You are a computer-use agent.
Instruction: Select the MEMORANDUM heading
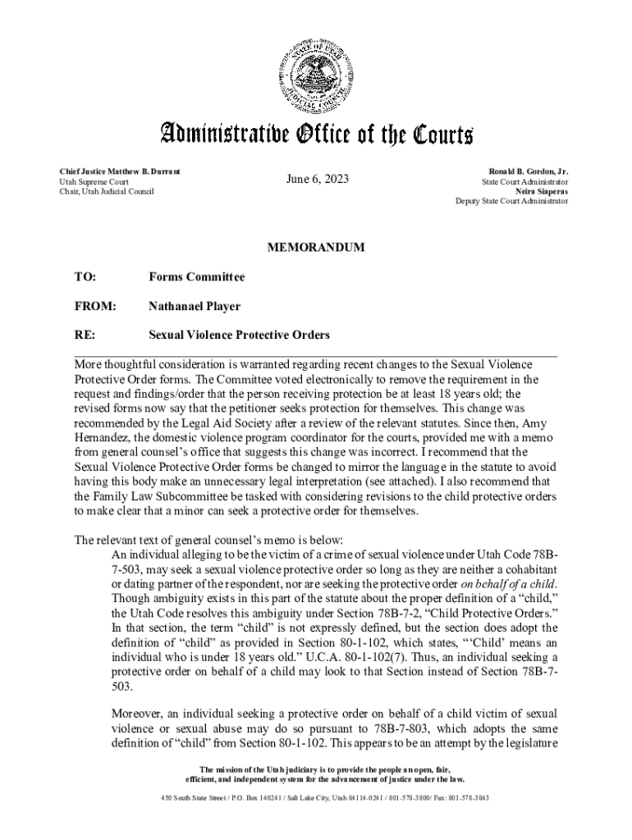pos(316,247)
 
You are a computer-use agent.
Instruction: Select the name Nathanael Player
pos(194,306)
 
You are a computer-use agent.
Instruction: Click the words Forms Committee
pos(196,277)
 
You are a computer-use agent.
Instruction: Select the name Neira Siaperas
pos(542,190)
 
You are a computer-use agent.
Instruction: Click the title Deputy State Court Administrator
pos(512,200)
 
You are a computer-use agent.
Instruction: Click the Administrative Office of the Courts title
pos(316,134)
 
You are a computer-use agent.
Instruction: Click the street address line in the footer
pos(316,797)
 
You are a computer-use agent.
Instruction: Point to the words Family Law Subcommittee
pos(162,496)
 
